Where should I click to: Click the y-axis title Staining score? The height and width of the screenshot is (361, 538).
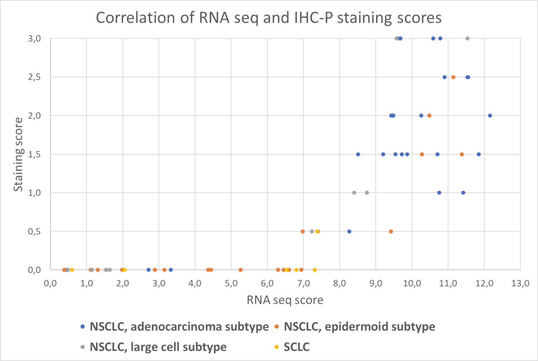tap(18, 154)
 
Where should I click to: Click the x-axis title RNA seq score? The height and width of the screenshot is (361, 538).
tap(285, 300)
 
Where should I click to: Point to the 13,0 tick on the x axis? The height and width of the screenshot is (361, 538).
tap(520, 283)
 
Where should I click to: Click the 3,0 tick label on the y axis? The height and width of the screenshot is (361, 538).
tap(34, 39)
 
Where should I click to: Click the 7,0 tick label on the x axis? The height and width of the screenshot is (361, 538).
tap(303, 283)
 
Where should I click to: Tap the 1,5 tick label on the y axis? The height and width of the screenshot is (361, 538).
tap(34, 154)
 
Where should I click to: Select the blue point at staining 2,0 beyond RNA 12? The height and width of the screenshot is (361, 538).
tap(490, 116)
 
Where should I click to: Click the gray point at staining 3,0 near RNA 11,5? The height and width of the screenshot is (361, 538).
tap(467, 39)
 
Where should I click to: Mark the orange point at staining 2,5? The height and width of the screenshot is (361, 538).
tap(453, 77)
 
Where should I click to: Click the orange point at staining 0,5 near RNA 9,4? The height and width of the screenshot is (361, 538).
tap(391, 231)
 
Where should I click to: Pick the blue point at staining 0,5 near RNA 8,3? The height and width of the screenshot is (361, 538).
tap(349, 231)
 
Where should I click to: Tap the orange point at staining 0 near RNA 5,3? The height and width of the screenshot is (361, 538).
tap(241, 270)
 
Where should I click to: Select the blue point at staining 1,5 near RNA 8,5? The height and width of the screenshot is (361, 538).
tap(358, 154)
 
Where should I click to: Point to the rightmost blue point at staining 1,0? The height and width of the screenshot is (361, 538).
tap(463, 193)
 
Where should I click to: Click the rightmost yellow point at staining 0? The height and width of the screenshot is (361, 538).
tap(315, 270)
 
